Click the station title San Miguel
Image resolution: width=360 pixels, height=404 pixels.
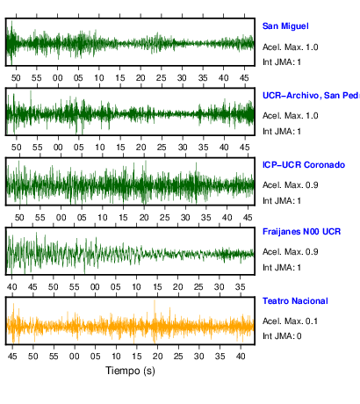pos(285,26)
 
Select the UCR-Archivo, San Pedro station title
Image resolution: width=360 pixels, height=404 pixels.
pos(311,96)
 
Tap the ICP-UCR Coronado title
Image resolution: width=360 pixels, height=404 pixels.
pos(304,165)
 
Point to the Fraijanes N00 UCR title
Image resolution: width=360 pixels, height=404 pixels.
pos(301,232)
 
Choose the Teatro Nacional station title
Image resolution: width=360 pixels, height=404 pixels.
pos(295,301)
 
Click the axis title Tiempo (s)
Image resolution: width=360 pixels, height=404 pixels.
pos(130,371)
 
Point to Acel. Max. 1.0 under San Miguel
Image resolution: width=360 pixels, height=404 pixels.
pos(290,47)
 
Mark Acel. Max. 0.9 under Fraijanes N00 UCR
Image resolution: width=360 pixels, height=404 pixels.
pos(290,252)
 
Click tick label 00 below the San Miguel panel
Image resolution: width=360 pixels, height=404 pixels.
pos(58,78)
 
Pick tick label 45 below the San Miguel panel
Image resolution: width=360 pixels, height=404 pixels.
pos(244,78)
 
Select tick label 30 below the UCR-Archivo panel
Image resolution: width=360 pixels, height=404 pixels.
pos(183,148)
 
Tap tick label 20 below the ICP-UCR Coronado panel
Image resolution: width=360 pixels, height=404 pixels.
pos(144,218)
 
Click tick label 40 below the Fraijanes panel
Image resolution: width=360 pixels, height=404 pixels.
pos(12,287)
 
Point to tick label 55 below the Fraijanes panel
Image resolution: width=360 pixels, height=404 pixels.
pos(75,287)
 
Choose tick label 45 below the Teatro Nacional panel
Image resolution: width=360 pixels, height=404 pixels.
pos(12,357)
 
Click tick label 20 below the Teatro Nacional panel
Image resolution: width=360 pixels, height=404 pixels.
pos(157,357)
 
